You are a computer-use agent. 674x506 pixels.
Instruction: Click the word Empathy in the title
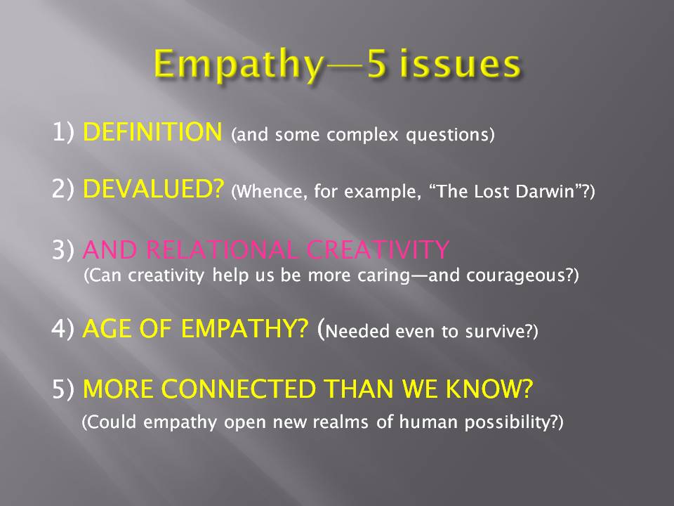tap(238, 65)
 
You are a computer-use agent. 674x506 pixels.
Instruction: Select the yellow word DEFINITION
tap(152, 131)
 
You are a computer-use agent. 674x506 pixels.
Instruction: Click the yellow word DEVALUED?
tap(154, 188)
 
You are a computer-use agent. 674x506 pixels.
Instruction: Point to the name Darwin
tap(546, 191)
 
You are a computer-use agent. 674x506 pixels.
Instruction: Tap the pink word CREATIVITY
tap(378, 249)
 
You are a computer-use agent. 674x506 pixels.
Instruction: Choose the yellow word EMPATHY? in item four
tap(244, 329)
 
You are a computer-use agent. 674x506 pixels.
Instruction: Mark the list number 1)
tap(62, 131)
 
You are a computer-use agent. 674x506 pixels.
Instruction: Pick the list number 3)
tap(62, 249)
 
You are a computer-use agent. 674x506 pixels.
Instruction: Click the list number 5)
tap(62, 389)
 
